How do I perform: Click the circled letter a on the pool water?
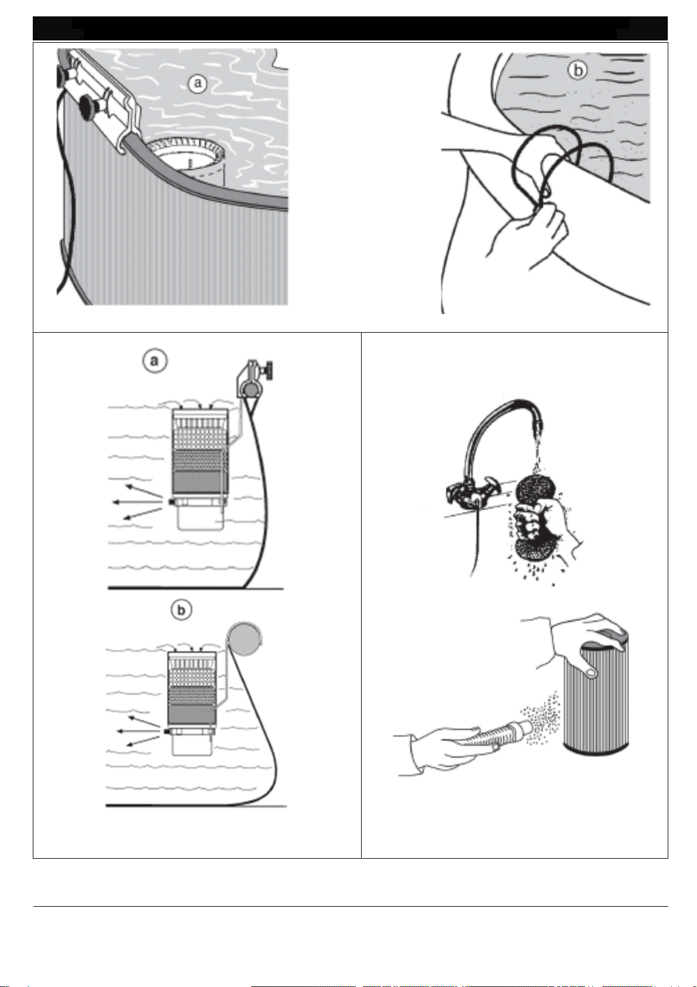pyautogui.click(x=198, y=83)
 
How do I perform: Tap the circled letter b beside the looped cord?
pyautogui.click(x=578, y=70)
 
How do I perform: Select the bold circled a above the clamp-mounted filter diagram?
pyautogui.click(x=154, y=361)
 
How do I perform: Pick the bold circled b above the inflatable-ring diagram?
pyautogui.click(x=181, y=611)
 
